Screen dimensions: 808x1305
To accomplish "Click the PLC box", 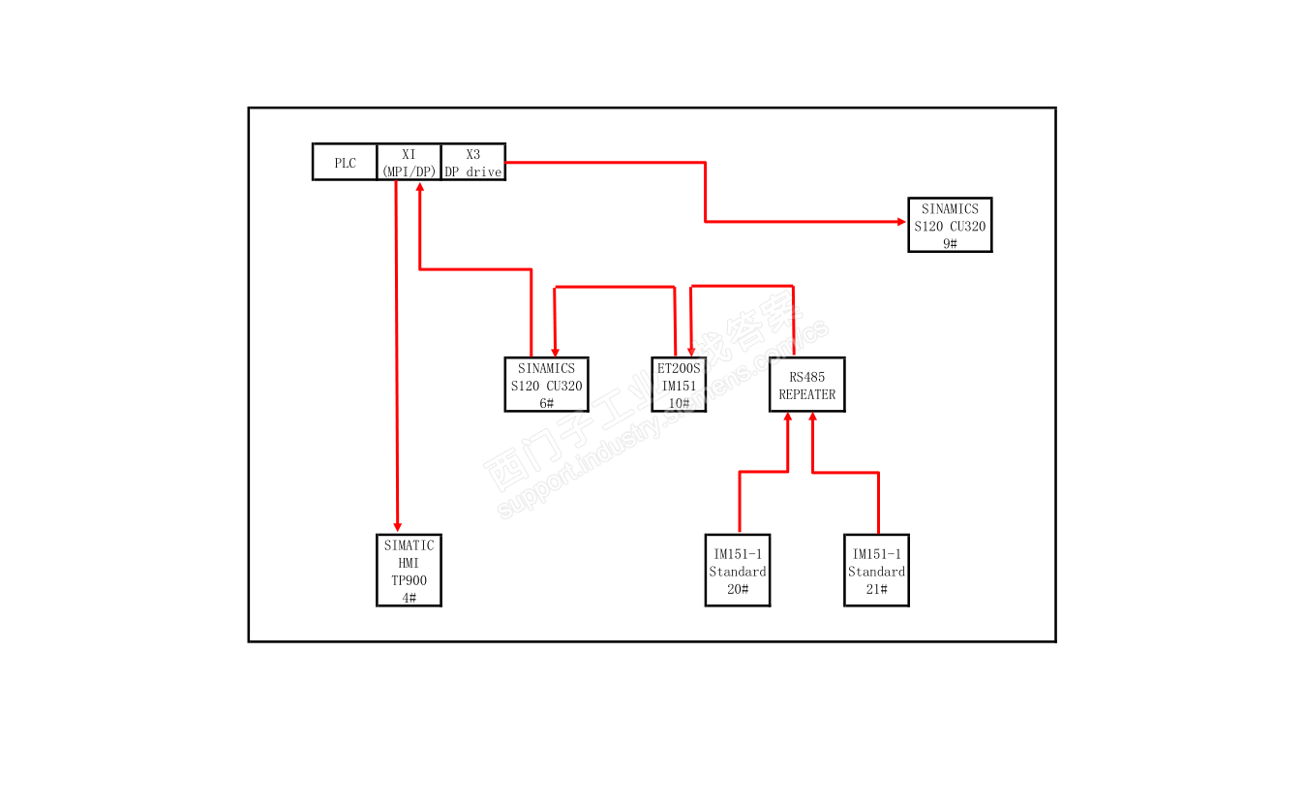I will click(345, 163).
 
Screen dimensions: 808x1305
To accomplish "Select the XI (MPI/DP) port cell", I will click(409, 163).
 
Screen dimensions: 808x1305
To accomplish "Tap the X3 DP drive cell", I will click(472, 163).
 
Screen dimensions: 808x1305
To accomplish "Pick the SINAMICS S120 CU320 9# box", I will click(950, 225).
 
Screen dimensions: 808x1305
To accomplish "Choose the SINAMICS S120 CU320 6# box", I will click(546, 385).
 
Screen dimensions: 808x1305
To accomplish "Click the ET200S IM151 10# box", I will click(679, 385).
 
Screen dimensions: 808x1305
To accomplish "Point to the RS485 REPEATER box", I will click(806, 385).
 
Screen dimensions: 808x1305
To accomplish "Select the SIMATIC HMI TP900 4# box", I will click(409, 571).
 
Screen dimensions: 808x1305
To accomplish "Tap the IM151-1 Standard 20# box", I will click(737, 571).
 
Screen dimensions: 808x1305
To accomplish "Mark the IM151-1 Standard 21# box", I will click(876, 571).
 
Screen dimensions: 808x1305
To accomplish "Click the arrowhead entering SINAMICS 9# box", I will click(901, 222).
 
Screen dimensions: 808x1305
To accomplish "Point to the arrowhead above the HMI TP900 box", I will click(397, 526).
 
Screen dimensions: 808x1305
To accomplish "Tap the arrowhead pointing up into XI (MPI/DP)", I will click(419, 187).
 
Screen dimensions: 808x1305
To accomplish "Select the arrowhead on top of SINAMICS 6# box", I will click(555, 351).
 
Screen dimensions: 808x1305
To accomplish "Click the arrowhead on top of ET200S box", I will click(690, 351).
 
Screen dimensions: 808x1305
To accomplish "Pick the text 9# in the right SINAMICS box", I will click(950, 243).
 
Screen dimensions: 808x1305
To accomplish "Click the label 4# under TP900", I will click(409, 598).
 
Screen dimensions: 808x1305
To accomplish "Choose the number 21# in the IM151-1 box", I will click(876, 589).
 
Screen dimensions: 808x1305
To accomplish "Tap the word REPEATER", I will click(806, 394).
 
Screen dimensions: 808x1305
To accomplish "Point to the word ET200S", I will click(679, 368).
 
